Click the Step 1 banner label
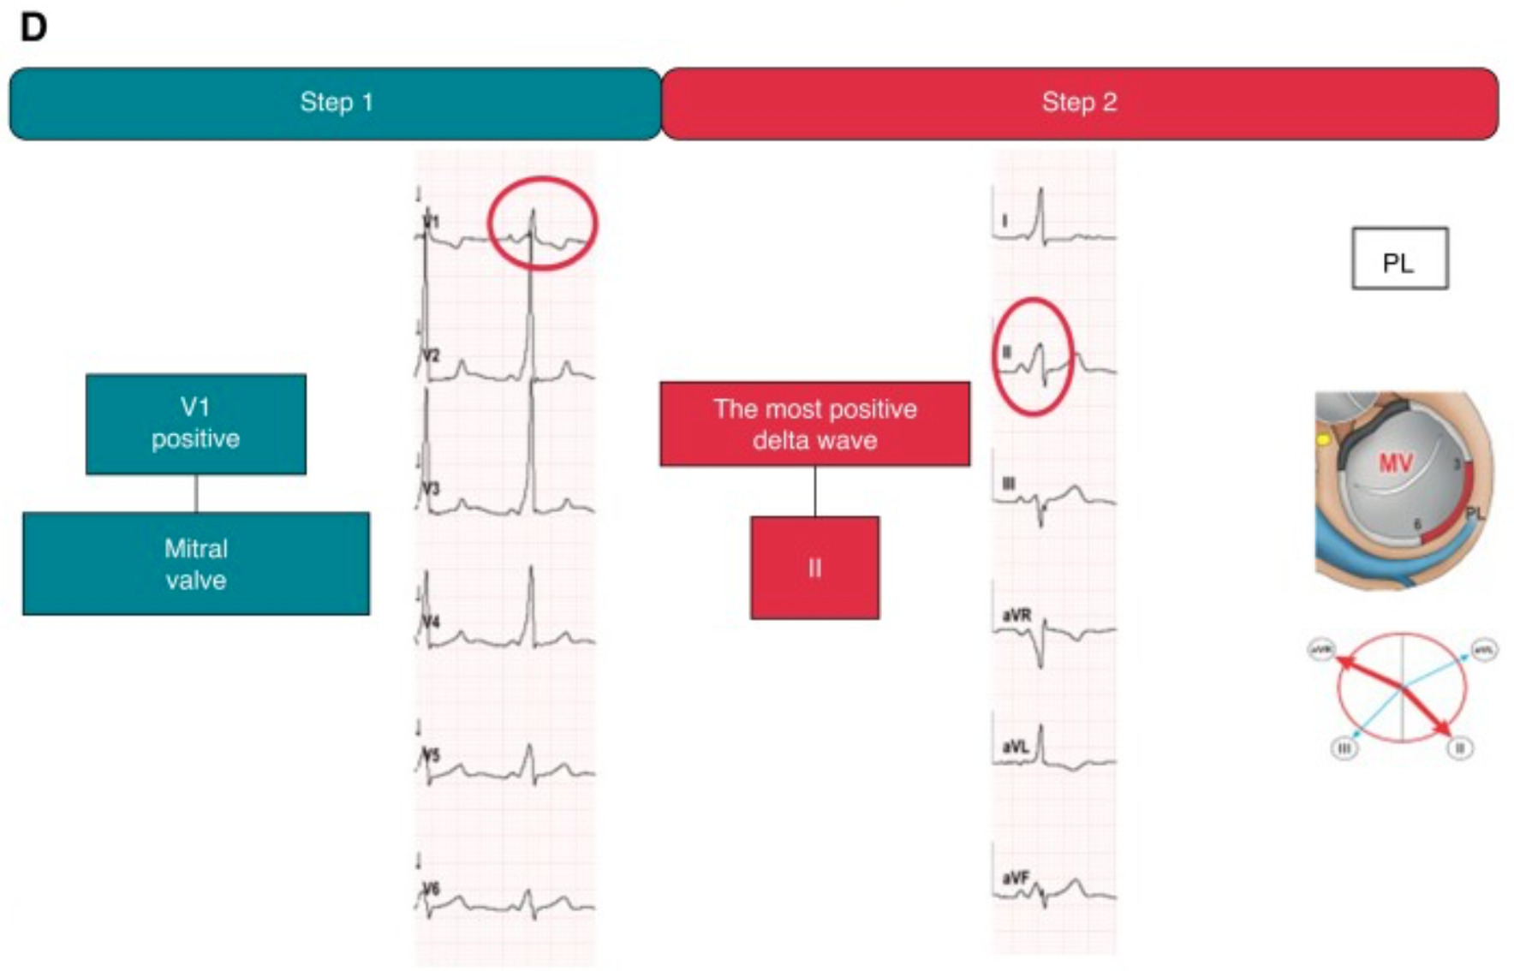coord(336,103)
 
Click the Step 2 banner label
coord(1079,103)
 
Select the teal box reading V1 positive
coord(195,424)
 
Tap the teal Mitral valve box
coord(195,563)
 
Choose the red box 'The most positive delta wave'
coord(814,424)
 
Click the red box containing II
coord(814,568)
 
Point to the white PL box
coord(1399,259)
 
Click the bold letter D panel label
coord(33,28)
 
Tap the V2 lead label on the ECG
coord(431,355)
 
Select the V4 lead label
coord(431,620)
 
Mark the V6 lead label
coord(431,889)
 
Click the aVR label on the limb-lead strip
coord(1016,615)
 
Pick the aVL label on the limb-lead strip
coord(1016,747)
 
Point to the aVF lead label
coord(1016,878)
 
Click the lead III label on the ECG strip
coord(1009,484)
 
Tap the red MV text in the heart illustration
coord(1394,463)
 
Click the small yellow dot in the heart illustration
coord(1324,440)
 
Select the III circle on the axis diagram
coord(1344,748)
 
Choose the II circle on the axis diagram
coord(1460,748)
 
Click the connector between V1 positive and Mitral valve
coord(196,493)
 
